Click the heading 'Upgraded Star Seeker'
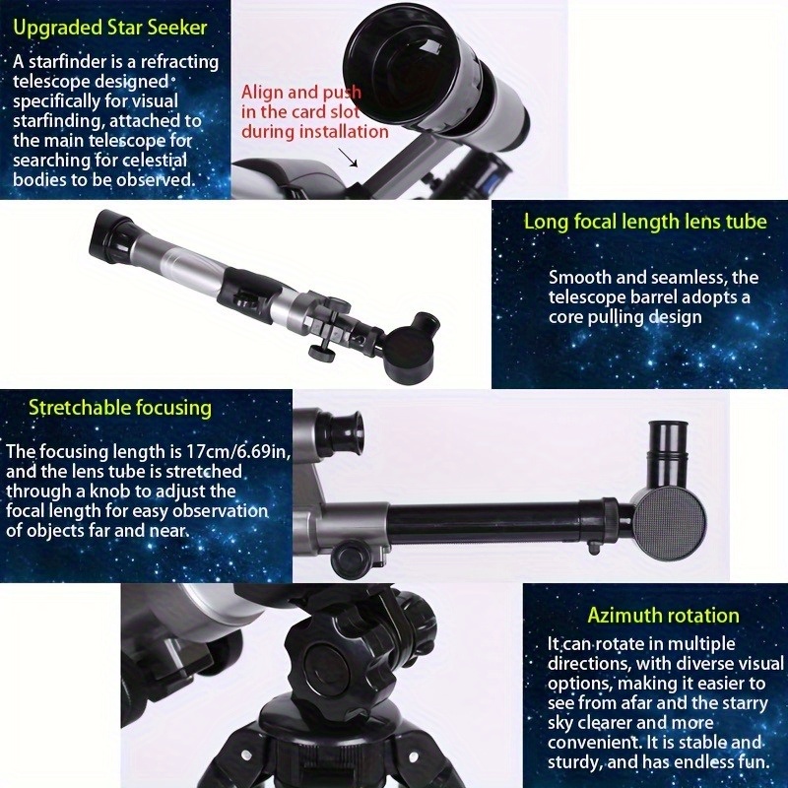[110, 28]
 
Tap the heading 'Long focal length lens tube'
[645, 221]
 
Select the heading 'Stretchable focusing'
[120, 408]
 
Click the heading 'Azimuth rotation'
[663, 615]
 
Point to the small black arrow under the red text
[348, 157]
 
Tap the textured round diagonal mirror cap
[670, 521]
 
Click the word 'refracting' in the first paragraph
[180, 62]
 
